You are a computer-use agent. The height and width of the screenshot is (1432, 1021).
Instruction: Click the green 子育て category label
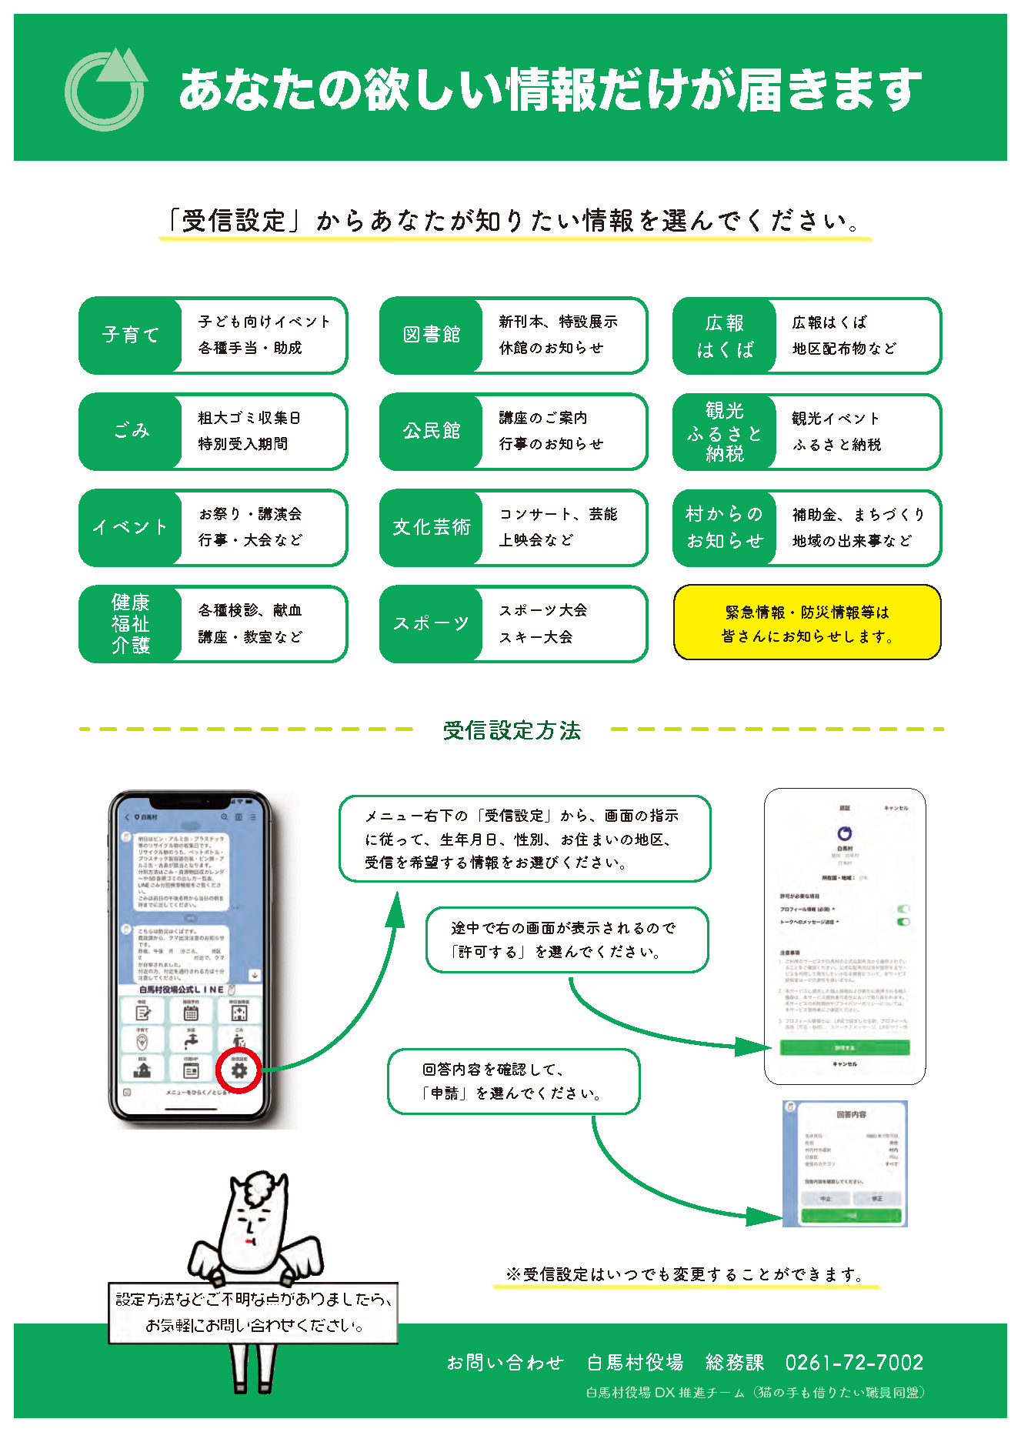[x=130, y=335]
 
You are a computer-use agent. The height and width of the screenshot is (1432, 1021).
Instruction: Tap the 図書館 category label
[x=431, y=335]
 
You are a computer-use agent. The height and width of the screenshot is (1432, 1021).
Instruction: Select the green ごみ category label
[x=130, y=432]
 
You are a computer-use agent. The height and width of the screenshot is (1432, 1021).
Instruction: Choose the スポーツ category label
[x=431, y=624]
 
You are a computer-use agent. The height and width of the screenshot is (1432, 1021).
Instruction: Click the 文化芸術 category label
[x=431, y=528]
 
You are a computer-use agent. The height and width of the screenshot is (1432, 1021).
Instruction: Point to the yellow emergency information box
[x=807, y=623]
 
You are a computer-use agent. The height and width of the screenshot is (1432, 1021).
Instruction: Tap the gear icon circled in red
[x=239, y=1070]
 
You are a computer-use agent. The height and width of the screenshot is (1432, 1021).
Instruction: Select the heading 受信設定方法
[x=512, y=730]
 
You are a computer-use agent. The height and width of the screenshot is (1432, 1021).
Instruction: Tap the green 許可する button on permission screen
[x=844, y=1047]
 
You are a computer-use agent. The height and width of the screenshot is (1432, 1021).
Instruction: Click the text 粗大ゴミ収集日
[x=249, y=418]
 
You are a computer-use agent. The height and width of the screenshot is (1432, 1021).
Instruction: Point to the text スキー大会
[x=536, y=637]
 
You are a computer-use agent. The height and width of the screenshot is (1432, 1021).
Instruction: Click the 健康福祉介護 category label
[x=130, y=624]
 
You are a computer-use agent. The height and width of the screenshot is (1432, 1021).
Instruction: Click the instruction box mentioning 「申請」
[x=513, y=1081]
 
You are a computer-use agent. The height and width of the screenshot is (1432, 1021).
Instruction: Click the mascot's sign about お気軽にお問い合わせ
[x=253, y=1313]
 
